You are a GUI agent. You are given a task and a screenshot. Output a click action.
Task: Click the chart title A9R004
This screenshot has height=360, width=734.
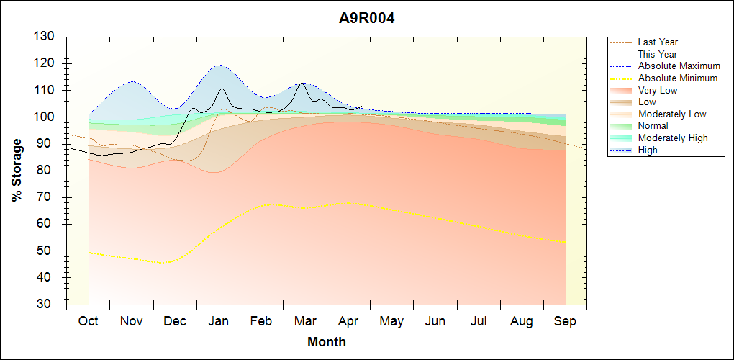[367, 19]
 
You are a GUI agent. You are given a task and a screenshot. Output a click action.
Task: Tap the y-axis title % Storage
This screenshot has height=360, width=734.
[17, 170]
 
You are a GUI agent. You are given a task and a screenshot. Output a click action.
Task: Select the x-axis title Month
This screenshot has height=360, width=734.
[327, 342]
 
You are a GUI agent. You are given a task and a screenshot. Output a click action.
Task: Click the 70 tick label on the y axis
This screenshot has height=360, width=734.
[47, 197]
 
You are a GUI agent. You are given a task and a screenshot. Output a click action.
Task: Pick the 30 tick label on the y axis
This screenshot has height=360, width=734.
[47, 305]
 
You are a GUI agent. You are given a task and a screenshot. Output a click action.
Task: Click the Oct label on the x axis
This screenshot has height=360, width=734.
[88, 321]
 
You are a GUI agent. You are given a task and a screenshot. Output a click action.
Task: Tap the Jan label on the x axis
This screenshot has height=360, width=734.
[219, 321]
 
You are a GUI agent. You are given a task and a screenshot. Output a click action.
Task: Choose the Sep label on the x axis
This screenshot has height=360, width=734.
[565, 321]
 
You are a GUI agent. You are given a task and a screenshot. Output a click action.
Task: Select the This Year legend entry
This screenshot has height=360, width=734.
[657, 54]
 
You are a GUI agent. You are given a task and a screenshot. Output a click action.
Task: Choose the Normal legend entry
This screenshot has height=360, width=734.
[653, 126]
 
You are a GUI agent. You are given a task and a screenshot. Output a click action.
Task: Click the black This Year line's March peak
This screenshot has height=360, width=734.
[303, 84]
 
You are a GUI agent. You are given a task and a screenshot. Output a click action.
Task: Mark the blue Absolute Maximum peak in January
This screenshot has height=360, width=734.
[219, 65]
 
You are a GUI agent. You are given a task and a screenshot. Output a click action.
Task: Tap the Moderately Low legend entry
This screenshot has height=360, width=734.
[672, 114]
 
